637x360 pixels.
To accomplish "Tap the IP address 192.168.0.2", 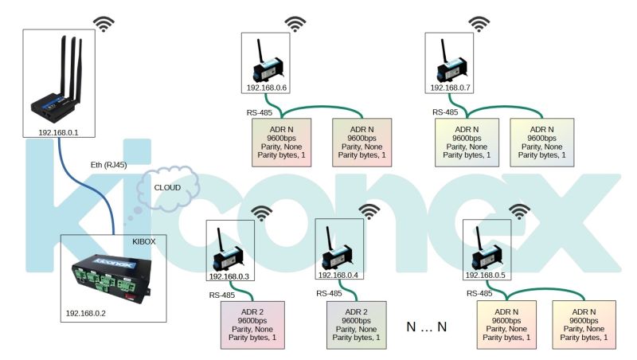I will click(88, 313).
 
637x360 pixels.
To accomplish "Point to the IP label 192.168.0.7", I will click(450, 88).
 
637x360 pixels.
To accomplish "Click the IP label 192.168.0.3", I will click(230, 276).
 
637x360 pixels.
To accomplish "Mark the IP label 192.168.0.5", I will click(486, 276).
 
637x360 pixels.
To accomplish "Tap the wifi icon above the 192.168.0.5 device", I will click(519, 211).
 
